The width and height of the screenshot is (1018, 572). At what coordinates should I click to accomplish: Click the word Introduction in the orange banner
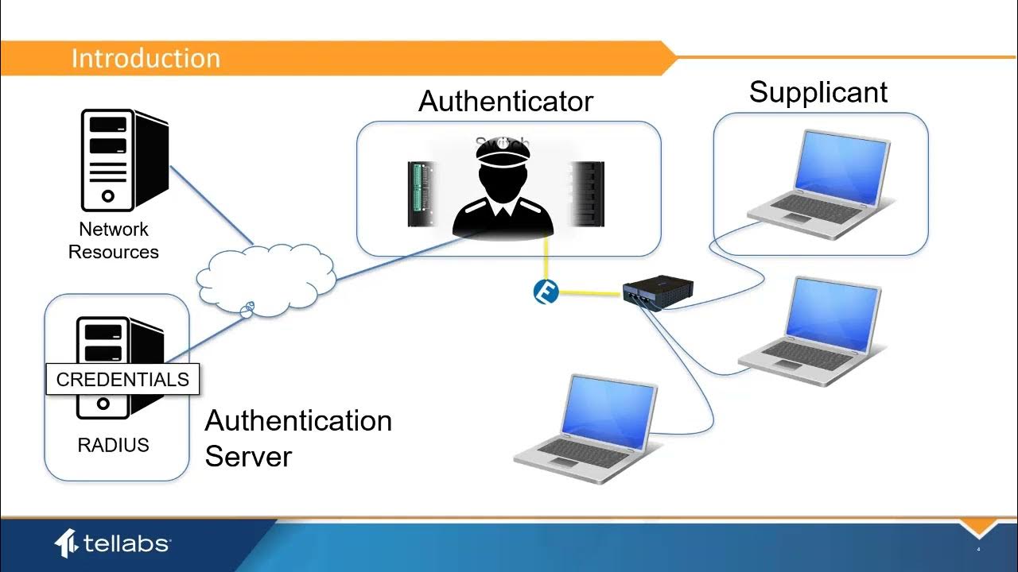[x=146, y=59]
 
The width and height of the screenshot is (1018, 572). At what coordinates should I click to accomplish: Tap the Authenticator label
[x=506, y=102]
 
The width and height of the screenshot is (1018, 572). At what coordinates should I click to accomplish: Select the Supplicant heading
[x=818, y=92]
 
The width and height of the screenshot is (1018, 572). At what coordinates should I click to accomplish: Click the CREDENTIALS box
[x=122, y=380]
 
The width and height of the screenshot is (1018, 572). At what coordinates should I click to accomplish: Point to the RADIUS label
[x=113, y=445]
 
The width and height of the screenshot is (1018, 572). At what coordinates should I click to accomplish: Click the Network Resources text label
[x=113, y=241]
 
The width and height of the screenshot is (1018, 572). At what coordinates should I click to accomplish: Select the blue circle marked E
[x=546, y=292]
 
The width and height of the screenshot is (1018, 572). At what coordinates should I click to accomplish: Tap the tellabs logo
[x=111, y=543]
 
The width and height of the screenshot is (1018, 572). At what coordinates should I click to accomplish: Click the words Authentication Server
[x=297, y=438]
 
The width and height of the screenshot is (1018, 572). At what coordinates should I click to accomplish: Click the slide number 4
[x=978, y=550]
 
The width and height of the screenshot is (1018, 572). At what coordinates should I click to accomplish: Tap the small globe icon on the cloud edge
[x=247, y=308]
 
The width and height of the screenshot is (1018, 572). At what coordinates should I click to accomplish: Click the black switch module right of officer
[x=587, y=194]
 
